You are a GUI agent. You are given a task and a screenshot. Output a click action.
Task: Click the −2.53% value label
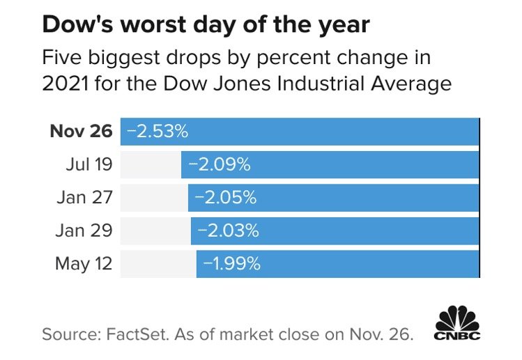click(157, 132)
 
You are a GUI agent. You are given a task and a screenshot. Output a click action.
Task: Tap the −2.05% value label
click(226, 198)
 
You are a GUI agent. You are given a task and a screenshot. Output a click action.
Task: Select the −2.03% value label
click(228, 230)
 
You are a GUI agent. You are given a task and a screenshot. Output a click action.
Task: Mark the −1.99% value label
click(232, 263)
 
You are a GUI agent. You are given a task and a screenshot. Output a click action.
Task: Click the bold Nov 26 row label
click(82, 132)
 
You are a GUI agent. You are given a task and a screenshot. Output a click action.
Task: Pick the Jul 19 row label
click(89, 165)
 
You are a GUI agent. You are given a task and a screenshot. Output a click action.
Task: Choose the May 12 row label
click(83, 263)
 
